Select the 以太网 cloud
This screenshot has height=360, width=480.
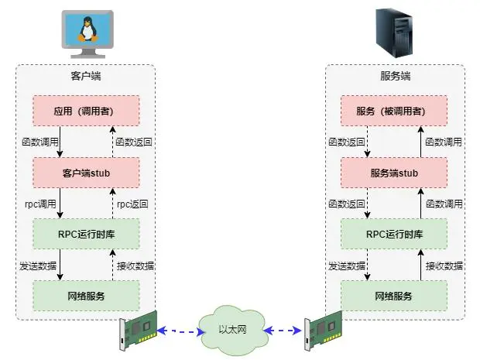tap(231, 331)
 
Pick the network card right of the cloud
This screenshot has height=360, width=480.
tap(324, 331)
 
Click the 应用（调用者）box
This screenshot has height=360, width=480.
tap(85, 111)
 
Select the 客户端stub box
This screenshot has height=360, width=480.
tap(85, 173)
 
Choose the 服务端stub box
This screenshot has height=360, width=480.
tap(394, 173)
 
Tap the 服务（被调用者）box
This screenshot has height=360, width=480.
tap(394, 111)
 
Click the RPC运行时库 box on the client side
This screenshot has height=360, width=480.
tap(85, 234)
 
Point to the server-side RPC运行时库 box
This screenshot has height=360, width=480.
tap(394, 234)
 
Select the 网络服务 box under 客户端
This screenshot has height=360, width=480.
tap(85, 296)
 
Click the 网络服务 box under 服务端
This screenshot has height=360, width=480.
tap(394, 296)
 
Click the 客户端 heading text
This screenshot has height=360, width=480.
tap(85, 77)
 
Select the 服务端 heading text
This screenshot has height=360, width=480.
tap(395, 77)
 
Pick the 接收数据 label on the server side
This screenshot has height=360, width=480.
tap(444, 266)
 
